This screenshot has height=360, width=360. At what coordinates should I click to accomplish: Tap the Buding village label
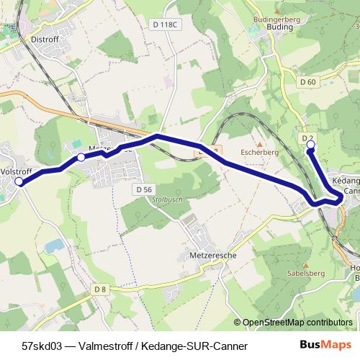click(279, 27)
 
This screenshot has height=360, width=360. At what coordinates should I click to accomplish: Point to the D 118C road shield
click(164, 24)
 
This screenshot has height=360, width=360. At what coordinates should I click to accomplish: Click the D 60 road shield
click(307, 82)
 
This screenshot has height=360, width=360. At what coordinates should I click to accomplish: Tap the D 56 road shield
click(144, 189)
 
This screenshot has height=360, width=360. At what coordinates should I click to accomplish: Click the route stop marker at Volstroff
click(19, 182)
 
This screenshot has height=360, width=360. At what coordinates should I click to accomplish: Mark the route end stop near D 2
click(311, 145)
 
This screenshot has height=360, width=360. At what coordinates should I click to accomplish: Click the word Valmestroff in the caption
click(106, 346)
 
